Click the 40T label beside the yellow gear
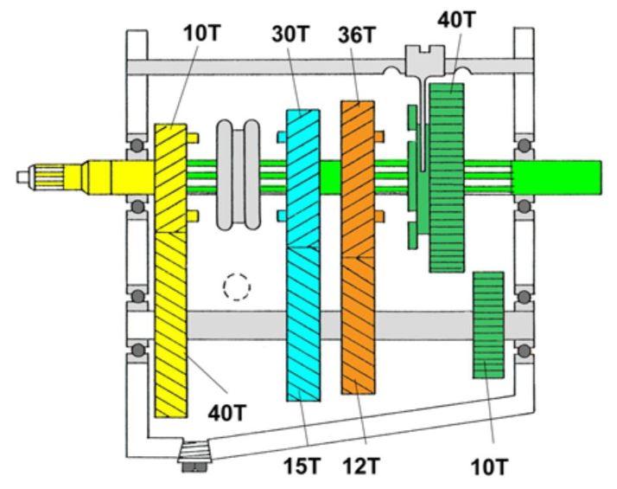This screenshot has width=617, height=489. click(228, 413)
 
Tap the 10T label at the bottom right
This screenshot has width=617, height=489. click(490, 467)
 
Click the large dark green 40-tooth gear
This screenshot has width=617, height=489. click(447, 177)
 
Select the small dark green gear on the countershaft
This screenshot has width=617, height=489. click(488, 325)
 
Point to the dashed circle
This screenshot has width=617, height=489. click(236, 286)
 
